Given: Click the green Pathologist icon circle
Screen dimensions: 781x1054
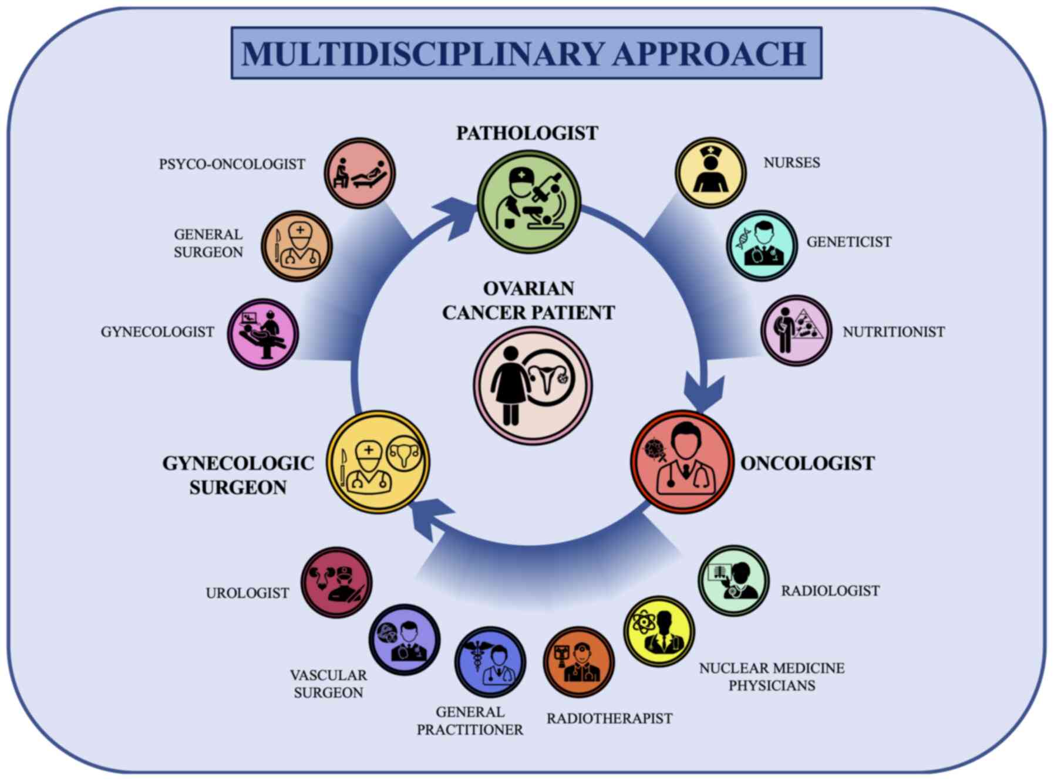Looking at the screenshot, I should [x=529, y=202].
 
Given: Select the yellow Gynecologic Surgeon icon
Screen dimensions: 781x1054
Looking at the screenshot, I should [x=378, y=462].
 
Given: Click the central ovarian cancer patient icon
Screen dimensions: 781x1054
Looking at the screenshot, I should [x=533, y=386].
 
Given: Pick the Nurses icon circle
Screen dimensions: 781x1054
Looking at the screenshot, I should [x=710, y=173].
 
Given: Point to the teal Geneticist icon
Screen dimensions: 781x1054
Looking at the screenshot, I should [x=762, y=245].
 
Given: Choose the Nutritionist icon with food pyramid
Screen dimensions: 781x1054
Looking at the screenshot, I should [x=796, y=330].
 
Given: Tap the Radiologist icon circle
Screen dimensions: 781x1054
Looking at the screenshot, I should [x=733, y=580].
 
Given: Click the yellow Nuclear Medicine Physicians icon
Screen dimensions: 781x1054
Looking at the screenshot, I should [x=659, y=631].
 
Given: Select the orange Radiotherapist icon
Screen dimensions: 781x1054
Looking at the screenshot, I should [x=578, y=662].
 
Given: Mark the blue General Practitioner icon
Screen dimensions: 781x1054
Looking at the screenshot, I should [x=490, y=662].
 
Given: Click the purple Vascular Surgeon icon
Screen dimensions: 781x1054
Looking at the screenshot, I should [x=405, y=640].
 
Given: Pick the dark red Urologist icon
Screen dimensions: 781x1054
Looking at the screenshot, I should [x=336, y=583].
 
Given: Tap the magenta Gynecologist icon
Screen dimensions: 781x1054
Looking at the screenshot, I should [x=263, y=334].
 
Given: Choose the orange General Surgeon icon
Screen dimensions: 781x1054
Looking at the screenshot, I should [x=297, y=246].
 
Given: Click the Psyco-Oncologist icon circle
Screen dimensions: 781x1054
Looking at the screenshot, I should [x=360, y=173].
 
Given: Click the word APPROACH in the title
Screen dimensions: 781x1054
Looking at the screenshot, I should [x=709, y=54].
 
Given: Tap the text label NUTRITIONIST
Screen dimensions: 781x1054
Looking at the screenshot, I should [x=893, y=332].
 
